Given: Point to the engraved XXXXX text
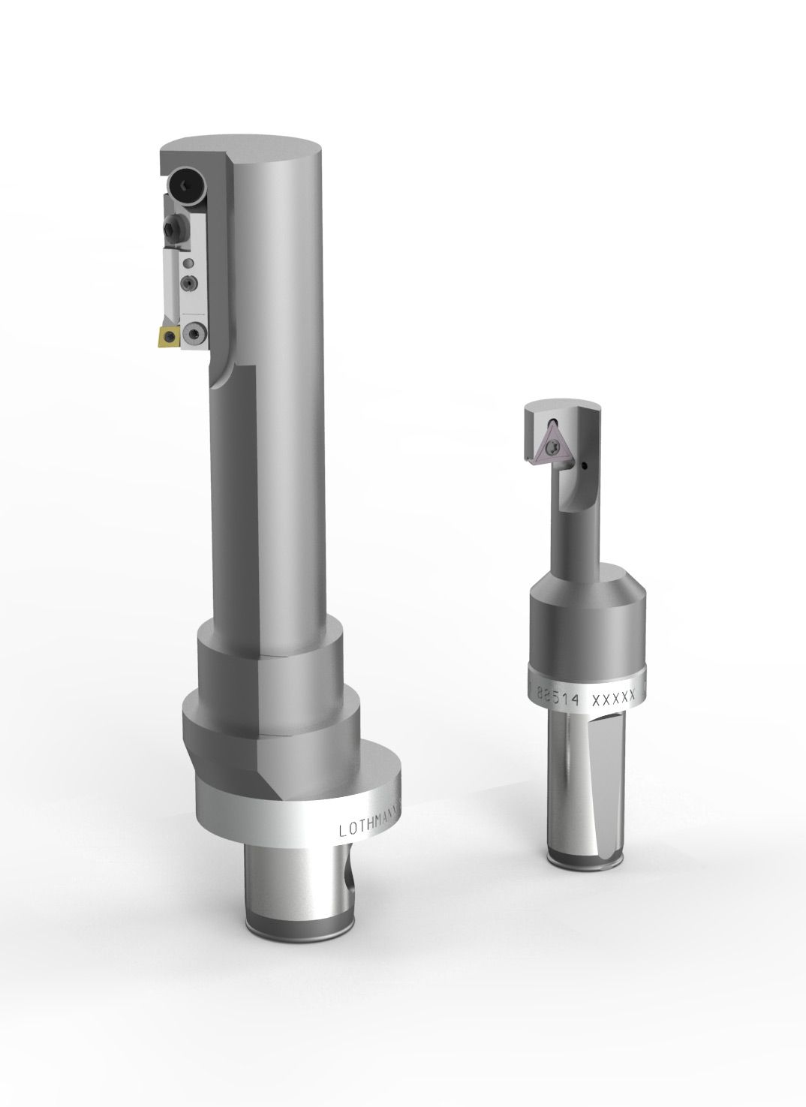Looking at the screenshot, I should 614,699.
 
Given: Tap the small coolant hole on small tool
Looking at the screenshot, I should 583,468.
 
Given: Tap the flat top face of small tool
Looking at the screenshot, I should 564,406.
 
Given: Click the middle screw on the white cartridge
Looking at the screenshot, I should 189,282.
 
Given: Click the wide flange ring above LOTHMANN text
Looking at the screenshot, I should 300,781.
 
